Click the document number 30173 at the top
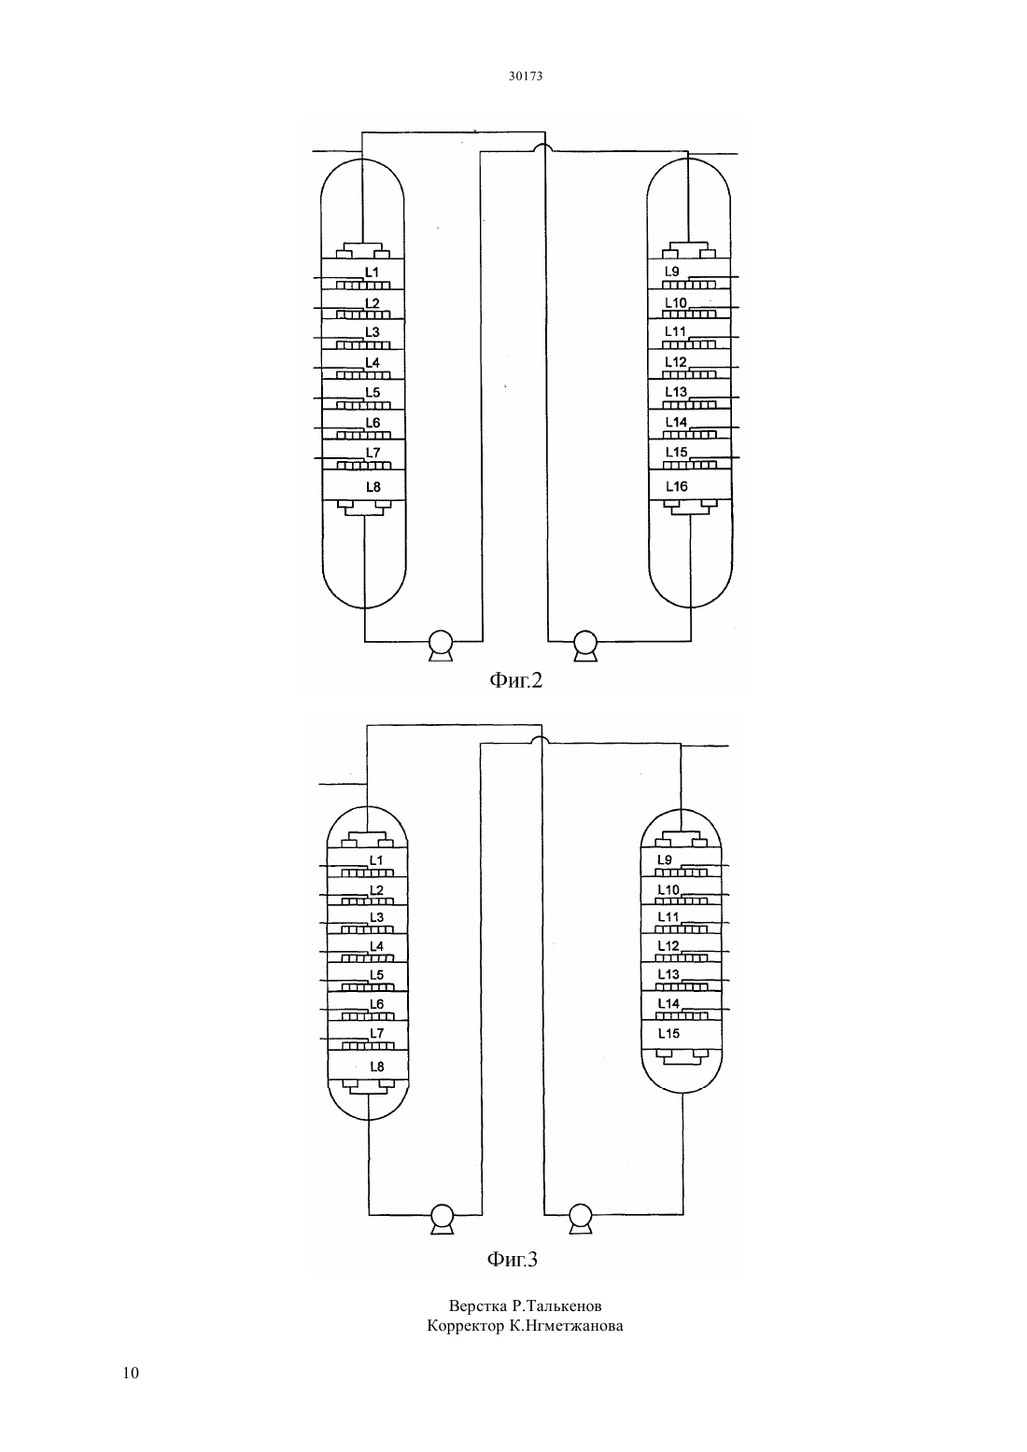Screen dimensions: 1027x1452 point(525,76)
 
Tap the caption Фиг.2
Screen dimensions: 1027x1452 point(515,680)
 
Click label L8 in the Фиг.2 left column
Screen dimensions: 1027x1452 point(373,487)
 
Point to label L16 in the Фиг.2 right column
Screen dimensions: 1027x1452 point(676,486)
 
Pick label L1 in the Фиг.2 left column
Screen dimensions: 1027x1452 point(372,272)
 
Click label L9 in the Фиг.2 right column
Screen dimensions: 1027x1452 point(671,272)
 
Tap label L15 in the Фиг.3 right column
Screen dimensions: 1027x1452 point(668,1033)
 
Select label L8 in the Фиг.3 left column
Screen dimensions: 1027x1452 point(376,1067)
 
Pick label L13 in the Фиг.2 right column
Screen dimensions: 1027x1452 point(676,392)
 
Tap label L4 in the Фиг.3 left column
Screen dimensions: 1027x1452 point(376,946)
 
